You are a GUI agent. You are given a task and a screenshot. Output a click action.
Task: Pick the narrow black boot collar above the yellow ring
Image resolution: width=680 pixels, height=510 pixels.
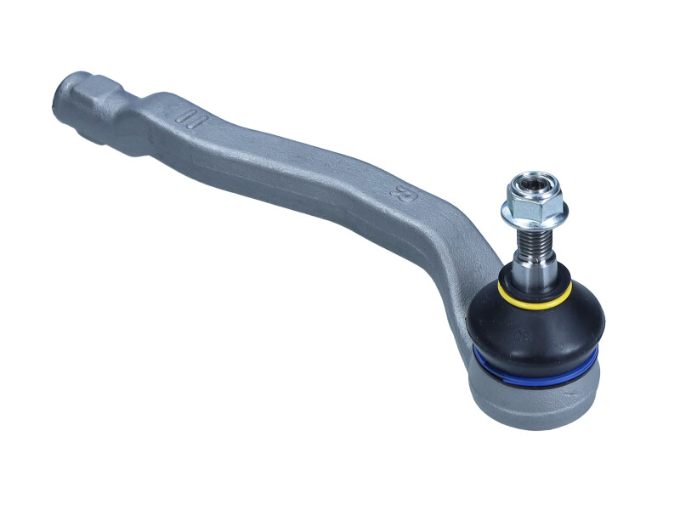[535, 287]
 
